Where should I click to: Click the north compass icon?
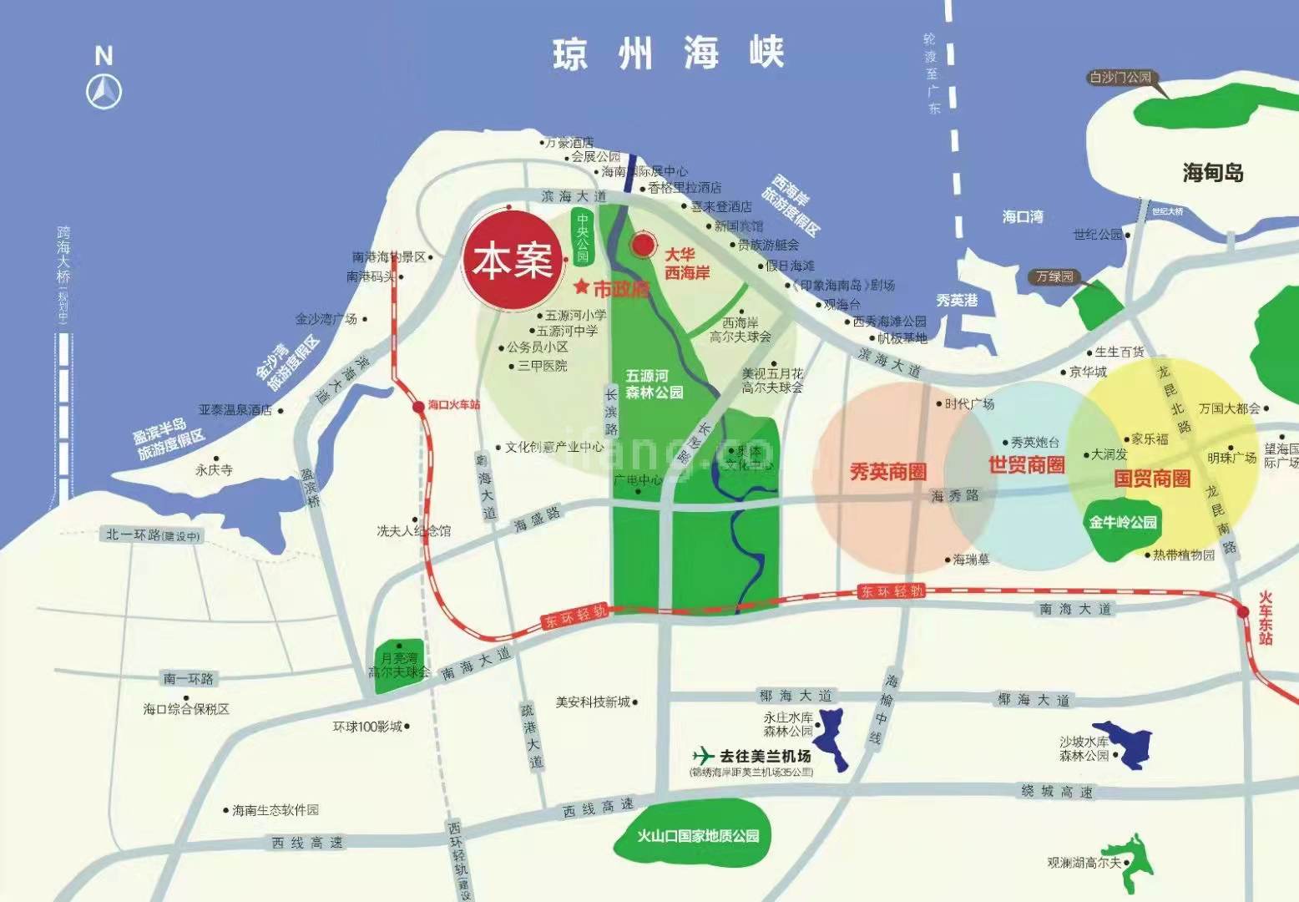104,90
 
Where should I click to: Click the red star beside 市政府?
582,287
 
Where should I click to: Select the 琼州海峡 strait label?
668,53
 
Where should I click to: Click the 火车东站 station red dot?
1243,612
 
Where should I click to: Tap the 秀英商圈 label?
887,472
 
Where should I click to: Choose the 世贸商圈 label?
1026,465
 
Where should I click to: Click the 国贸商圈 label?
1152,479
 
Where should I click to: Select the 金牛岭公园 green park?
1123,523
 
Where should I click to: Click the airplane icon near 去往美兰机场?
704,755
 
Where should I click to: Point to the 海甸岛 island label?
1212,173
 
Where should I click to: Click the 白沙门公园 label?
1120,78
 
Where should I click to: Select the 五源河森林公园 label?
655,384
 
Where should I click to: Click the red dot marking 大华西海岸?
643,245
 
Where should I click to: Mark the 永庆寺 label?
214,470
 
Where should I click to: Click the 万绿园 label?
1054,276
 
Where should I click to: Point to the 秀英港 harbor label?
956,300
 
